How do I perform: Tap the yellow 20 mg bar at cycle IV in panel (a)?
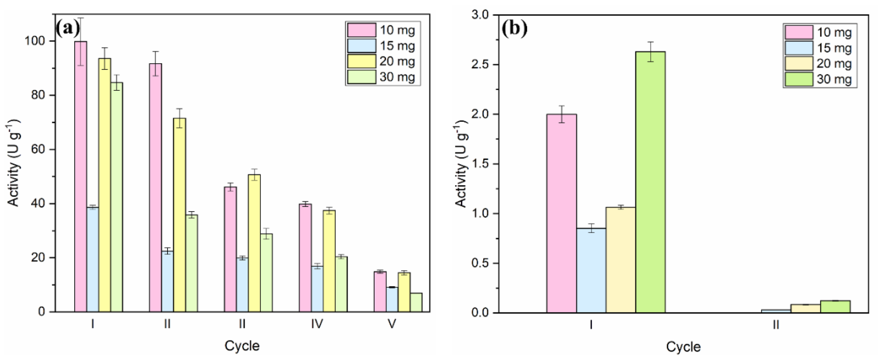[x=329, y=261]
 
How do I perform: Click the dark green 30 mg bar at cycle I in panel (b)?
[x=650, y=182]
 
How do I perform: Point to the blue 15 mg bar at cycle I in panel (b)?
[x=591, y=270]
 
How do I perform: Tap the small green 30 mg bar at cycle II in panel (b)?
[x=835, y=307]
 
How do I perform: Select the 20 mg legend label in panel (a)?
[x=397, y=61]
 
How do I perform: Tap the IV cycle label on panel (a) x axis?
[x=317, y=323]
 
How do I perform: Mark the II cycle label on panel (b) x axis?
[x=776, y=325]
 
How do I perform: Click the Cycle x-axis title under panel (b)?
[x=683, y=347]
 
